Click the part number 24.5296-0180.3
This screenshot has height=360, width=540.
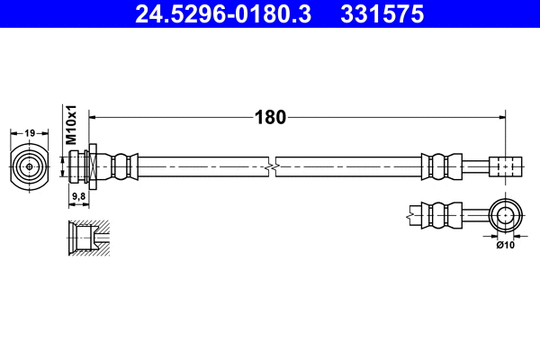click(x=214, y=14)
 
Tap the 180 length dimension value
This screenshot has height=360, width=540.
click(x=271, y=117)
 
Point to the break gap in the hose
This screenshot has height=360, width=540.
click(x=271, y=166)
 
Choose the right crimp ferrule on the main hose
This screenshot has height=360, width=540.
click(x=438, y=166)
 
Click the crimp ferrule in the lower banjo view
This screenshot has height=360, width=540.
click(x=438, y=215)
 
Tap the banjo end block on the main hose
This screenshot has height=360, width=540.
click(x=507, y=166)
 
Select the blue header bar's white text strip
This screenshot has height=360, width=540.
click(x=270, y=14)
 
